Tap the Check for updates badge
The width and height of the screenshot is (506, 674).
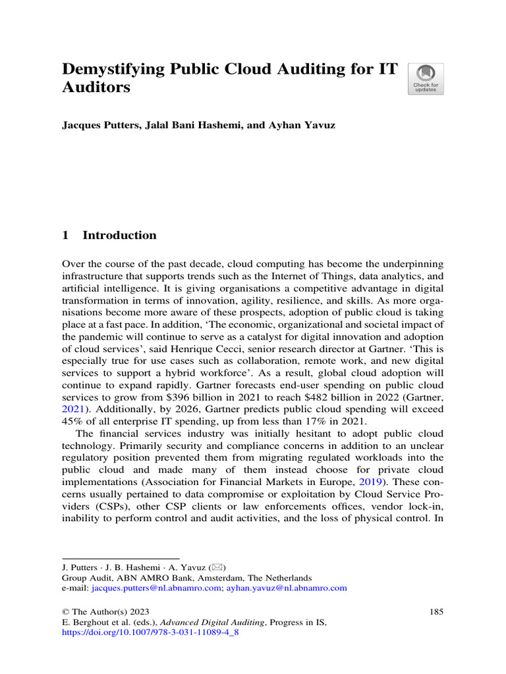click(426, 79)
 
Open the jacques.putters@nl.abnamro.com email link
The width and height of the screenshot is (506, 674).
click(156, 587)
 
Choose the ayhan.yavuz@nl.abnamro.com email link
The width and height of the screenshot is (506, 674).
click(287, 587)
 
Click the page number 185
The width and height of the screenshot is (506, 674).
click(436, 611)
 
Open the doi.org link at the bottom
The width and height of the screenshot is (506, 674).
click(150, 633)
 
